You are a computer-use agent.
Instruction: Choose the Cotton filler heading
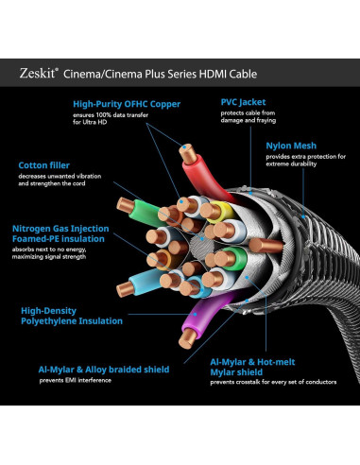44,164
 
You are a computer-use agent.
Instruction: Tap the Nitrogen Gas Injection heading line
59,228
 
